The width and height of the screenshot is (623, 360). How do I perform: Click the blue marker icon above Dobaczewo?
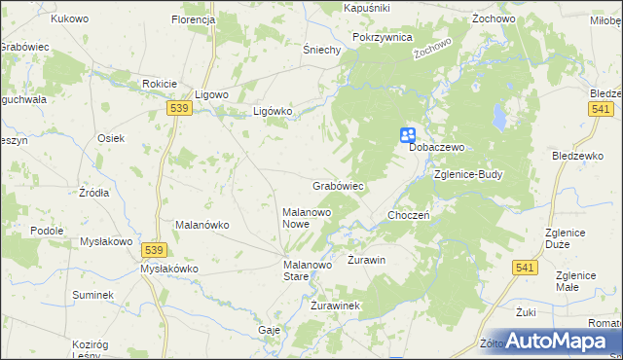(x=409, y=136)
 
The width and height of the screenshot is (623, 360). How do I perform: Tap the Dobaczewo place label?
(x=439, y=147)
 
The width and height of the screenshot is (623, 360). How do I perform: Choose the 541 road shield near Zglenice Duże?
(x=526, y=267)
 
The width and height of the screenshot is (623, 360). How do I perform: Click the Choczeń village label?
(x=409, y=215)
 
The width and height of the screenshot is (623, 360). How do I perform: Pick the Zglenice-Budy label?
(x=468, y=175)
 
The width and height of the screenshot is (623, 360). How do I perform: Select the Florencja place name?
(x=193, y=19)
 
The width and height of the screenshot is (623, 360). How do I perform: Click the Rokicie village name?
(x=159, y=84)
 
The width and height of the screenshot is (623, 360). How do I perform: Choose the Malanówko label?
(x=202, y=225)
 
